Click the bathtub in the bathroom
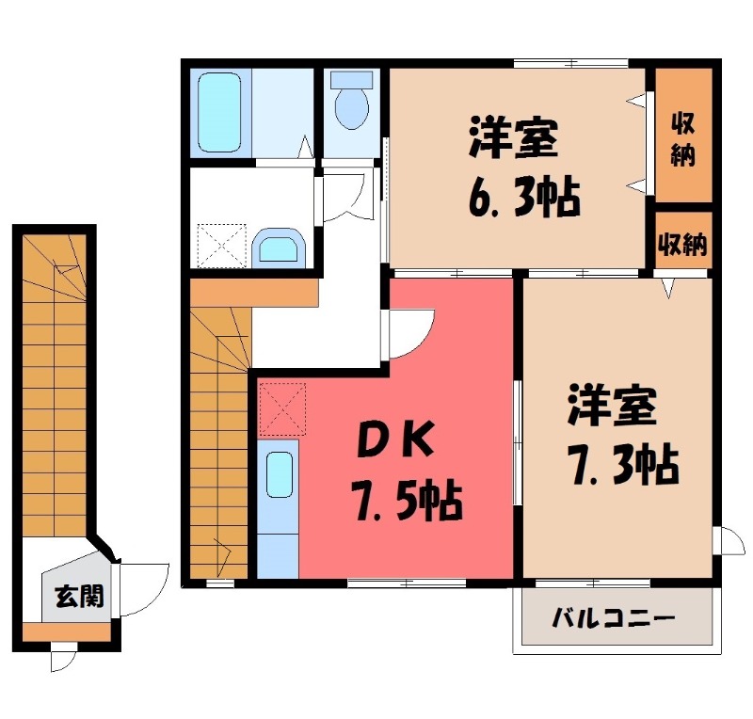(x=219, y=113)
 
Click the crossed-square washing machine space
(x=219, y=244)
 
